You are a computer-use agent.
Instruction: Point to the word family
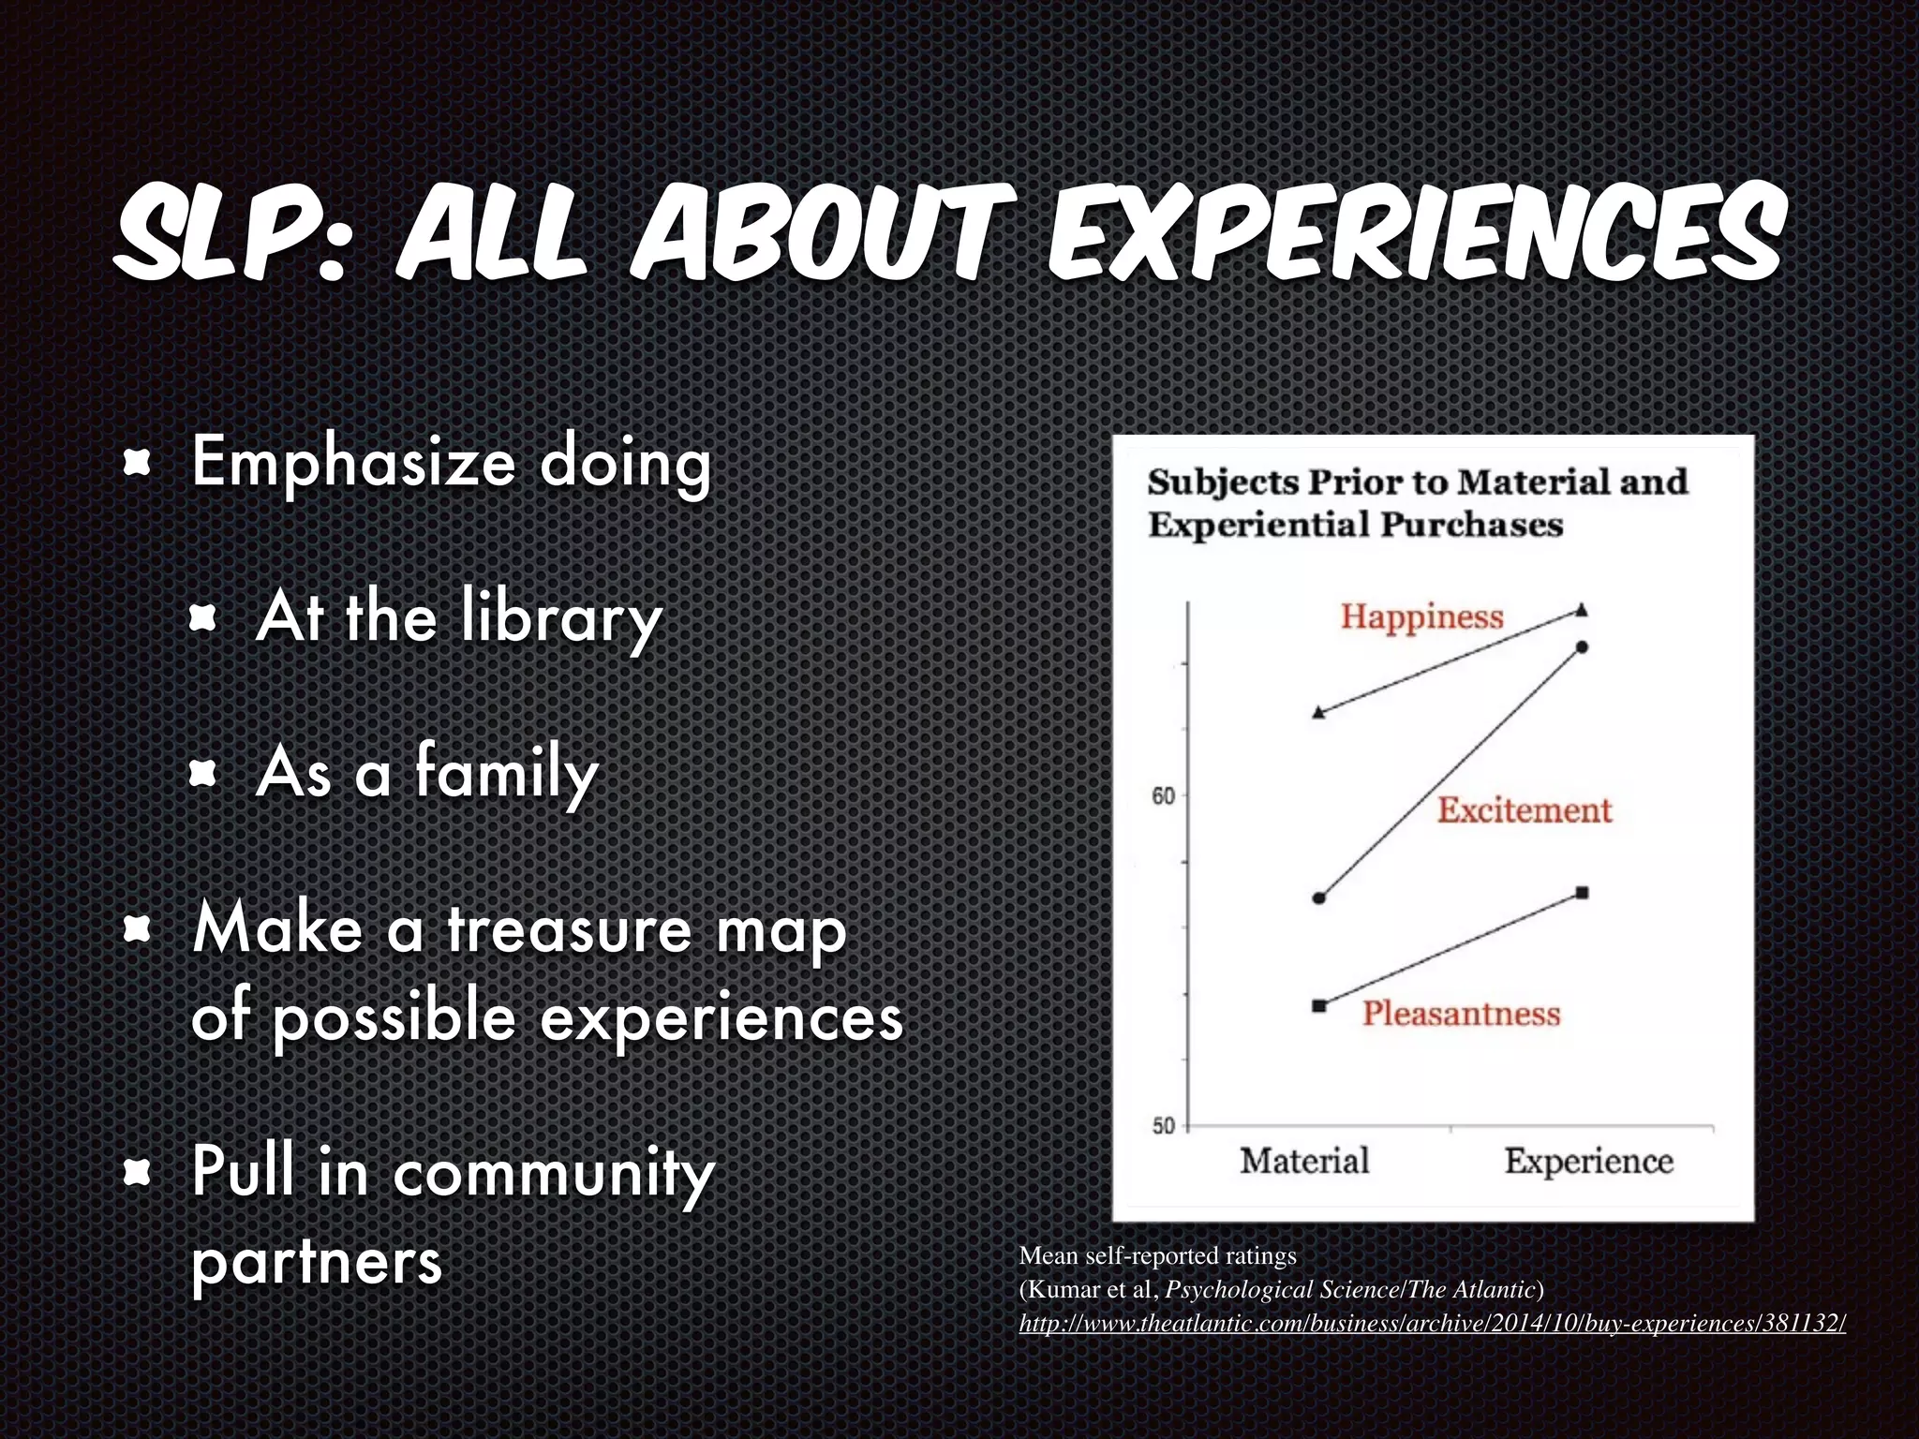tap(506, 774)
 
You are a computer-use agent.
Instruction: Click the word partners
tap(316, 1262)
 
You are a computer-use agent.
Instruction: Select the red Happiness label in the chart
tap(1421, 616)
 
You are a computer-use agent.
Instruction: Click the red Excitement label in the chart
tap(1525, 810)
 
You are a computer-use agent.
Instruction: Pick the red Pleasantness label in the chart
tap(1461, 1014)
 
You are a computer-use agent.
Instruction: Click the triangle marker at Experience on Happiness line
tap(1583, 610)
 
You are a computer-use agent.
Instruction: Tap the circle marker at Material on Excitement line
tap(1319, 898)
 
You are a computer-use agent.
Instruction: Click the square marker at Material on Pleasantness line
tap(1319, 1006)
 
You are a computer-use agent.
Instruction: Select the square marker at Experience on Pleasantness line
tap(1583, 893)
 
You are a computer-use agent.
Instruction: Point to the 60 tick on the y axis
tap(1163, 796)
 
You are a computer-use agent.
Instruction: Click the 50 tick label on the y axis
tap(1163, 1126)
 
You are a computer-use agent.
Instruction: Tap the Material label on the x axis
tap(1304, 1162)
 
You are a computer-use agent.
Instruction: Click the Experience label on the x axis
tap(1588, 1162)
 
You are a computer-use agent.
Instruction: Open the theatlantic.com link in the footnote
tap(1432, 1324)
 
